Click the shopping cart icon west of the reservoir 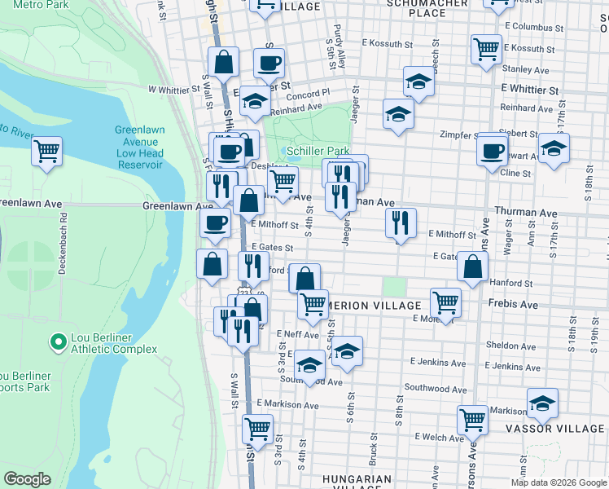coord(47,150)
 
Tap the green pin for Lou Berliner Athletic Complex coord(58,341)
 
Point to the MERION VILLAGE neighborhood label coord(375,305)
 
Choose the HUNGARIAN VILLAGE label coord(357,479)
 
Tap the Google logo coord(27,479)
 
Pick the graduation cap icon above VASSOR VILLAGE coord(542,403)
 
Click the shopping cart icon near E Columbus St coord(486,47)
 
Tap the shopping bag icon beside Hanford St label coord(473,265)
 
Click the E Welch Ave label coord(439,438)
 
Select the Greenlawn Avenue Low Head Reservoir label coord(139,147)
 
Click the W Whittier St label coord(174,90)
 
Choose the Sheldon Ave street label coord(511,346)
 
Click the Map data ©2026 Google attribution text coord(559,482)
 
